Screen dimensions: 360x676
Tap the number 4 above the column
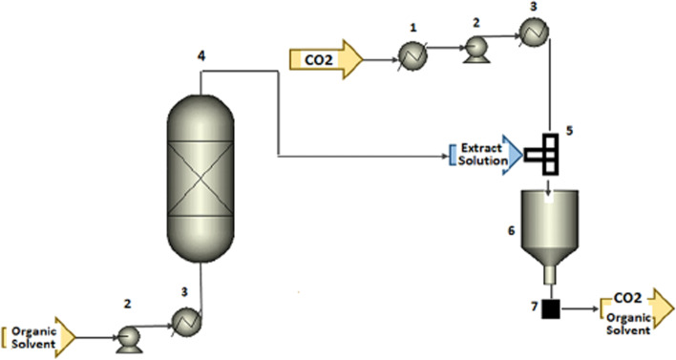click(201, 56)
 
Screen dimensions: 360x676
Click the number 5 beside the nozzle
click(569, 125)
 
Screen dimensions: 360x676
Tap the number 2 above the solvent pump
click(127, 303)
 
